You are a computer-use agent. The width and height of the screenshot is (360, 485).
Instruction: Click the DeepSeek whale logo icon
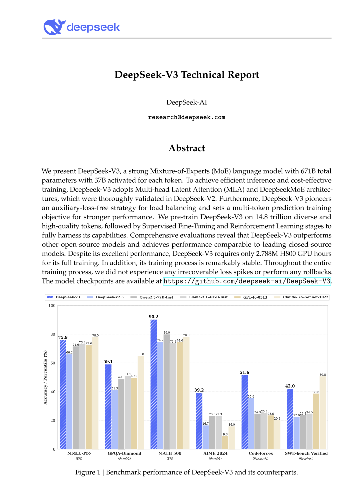coord(54,27)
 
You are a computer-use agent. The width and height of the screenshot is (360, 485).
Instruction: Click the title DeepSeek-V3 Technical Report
coord(187,75)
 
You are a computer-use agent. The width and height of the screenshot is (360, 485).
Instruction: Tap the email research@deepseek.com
coord(186,117)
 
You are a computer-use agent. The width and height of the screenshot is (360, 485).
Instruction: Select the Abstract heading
coord(187,148)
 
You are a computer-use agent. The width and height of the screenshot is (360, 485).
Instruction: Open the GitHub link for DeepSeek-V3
coord(247,281)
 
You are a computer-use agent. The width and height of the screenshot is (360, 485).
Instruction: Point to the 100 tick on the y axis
coord(52,306)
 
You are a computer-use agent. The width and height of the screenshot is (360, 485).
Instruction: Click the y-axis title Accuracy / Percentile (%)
coord(45,377)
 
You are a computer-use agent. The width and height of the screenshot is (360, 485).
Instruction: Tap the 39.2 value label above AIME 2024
coord(199,390)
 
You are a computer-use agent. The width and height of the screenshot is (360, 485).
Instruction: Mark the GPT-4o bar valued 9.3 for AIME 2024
coord(225,443)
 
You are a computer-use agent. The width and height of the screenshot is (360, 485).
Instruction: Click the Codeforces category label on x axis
coord(261,453)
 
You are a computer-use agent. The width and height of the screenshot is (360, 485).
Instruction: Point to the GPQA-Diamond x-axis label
coord(124,453)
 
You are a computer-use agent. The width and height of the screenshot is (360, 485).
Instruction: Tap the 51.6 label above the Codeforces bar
coord(244,372)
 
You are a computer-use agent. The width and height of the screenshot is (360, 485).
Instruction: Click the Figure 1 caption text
coord(187,472)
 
